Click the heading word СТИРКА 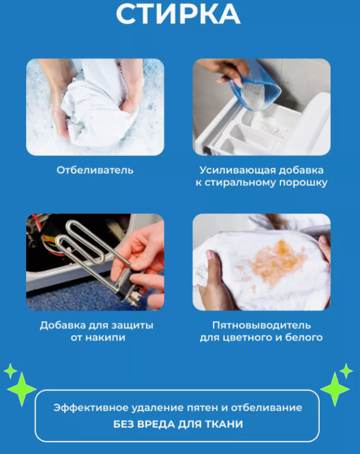tap(178, 14)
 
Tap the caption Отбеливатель tap(95, 170)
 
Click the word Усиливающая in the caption tap(237, 170)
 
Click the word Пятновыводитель tap(262, 325)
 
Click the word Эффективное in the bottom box tap(91, 407)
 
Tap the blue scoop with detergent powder tap(255, 87)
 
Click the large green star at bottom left tap(22, 389)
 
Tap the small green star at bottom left tap(10, 371)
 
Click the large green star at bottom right tap(335, 389)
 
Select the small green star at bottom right tap(346, 371)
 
